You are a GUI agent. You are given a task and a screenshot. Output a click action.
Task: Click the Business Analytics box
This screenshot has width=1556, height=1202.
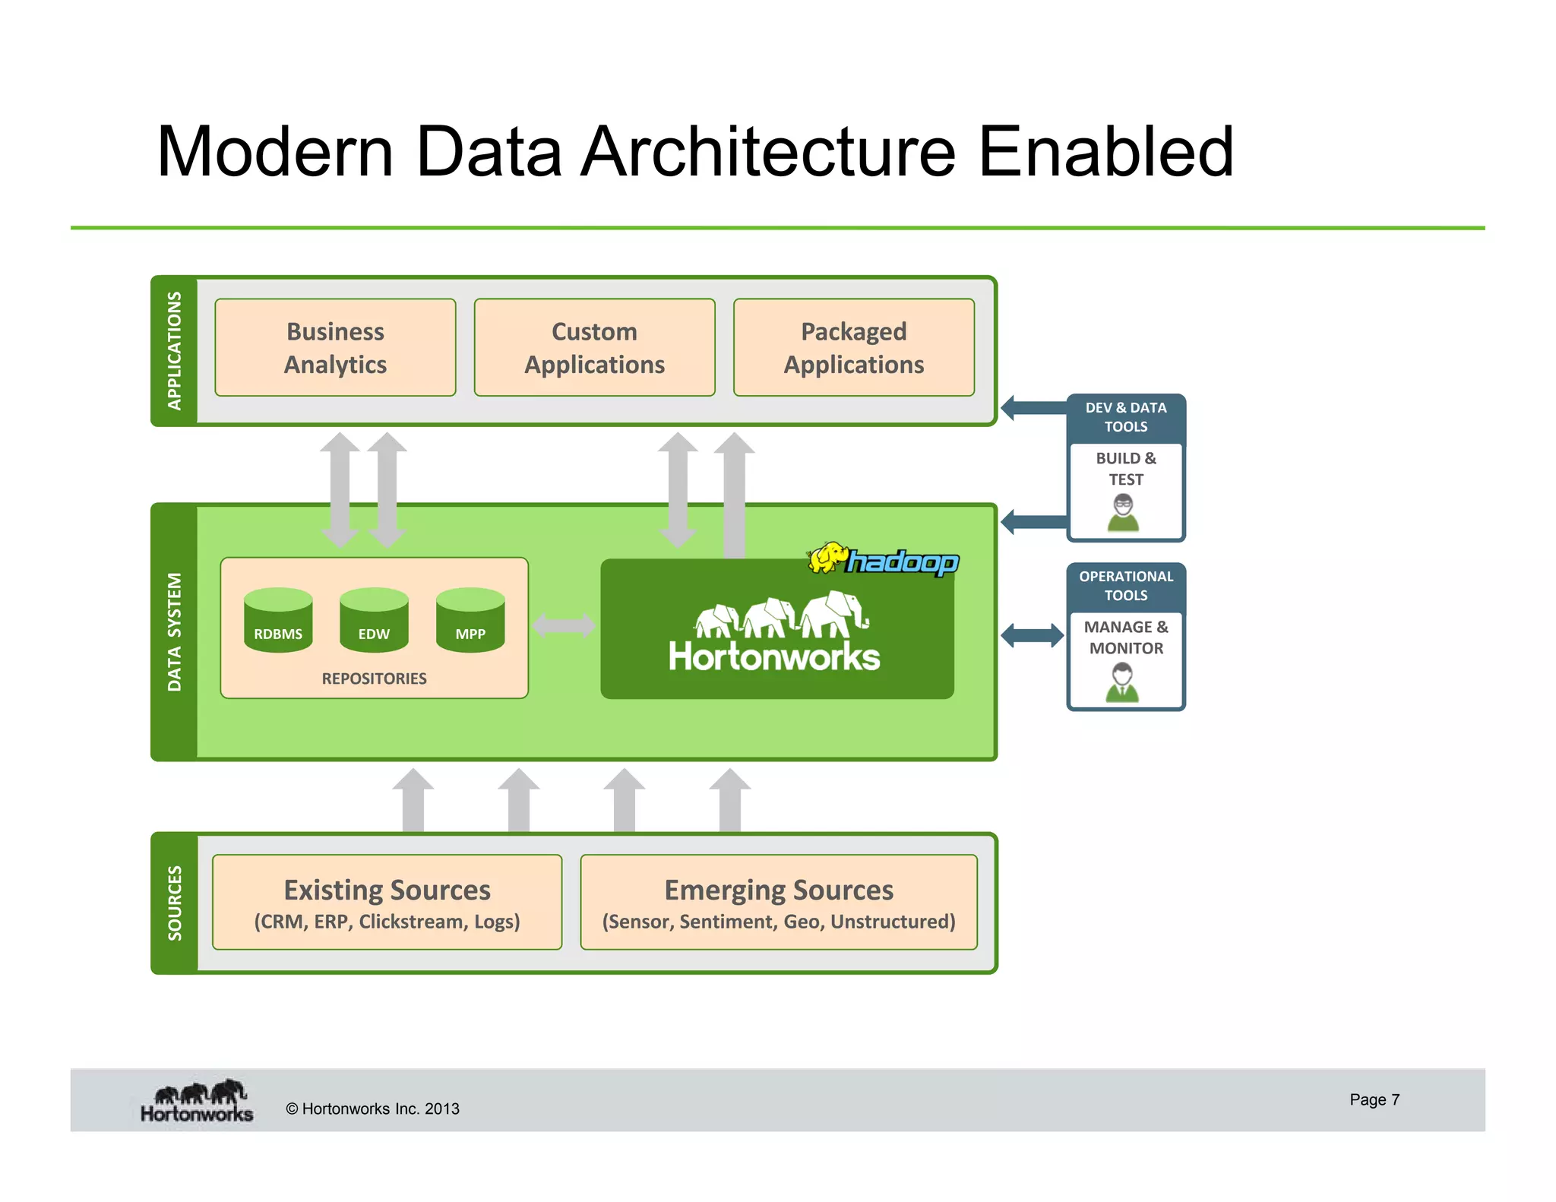335,347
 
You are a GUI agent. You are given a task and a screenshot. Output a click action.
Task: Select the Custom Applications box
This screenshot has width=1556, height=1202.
594,347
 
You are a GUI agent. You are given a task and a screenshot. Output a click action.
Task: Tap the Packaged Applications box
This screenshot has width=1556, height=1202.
853,347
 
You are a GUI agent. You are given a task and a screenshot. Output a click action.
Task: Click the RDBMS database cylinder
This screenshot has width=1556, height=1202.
278,620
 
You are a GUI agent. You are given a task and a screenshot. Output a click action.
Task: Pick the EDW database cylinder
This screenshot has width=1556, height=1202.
374,620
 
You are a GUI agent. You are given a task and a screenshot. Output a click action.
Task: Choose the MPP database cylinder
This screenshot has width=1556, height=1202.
470,620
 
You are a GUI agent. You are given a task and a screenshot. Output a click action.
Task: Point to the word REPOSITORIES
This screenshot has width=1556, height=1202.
374,678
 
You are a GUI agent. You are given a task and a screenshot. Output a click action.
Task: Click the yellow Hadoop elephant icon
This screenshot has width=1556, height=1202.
827,558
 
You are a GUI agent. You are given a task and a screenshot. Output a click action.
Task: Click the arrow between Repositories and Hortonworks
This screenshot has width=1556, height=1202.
564,626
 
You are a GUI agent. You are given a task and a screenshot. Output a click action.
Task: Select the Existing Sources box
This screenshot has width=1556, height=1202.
387,903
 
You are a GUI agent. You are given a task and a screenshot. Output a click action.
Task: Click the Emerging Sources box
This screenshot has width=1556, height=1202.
779,903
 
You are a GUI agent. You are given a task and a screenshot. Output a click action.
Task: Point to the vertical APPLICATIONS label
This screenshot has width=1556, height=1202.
175,350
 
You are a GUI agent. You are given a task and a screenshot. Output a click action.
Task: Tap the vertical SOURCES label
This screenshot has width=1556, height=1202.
175,903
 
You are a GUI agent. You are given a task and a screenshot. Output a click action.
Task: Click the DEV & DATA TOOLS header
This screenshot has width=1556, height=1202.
1126,417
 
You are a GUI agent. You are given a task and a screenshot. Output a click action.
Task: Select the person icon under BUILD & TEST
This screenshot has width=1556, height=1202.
1123,513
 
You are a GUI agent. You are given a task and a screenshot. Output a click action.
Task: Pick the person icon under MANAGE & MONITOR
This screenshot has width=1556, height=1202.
1122,682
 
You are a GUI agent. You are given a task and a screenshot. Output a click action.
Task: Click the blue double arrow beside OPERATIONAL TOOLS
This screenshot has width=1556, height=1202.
1033,635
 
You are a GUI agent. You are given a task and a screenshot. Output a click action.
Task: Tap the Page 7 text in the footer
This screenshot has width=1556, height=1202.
1374,1099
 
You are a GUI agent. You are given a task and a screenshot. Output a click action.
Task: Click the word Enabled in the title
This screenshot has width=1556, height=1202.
1105,152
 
